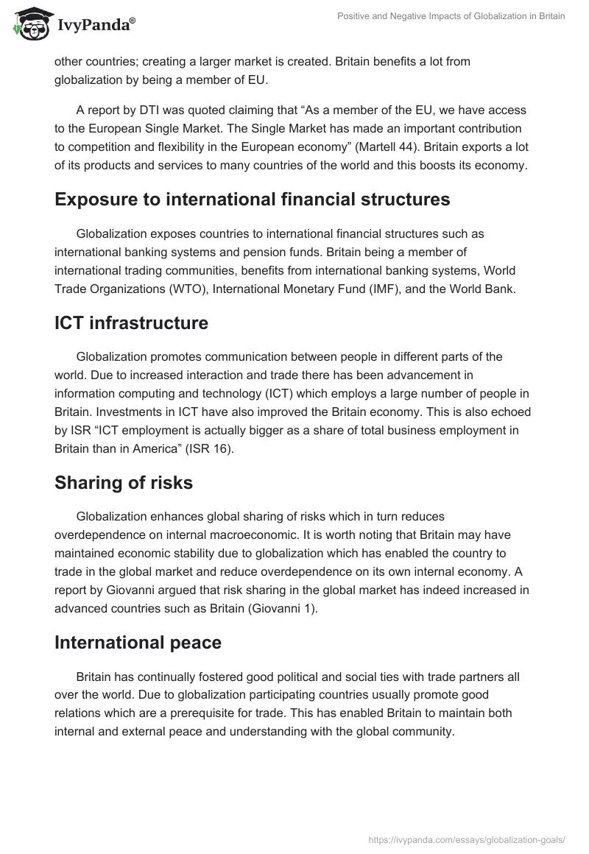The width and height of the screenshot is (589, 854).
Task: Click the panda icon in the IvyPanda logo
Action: (x=27, y=25)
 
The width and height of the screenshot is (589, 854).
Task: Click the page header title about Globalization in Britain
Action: (x=449, y=16)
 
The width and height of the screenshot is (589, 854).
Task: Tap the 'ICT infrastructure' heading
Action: (x=131, y=322)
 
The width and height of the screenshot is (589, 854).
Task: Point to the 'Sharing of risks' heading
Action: (x=124, y=483)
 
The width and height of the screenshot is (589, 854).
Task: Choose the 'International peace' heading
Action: (x=138, y=642)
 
